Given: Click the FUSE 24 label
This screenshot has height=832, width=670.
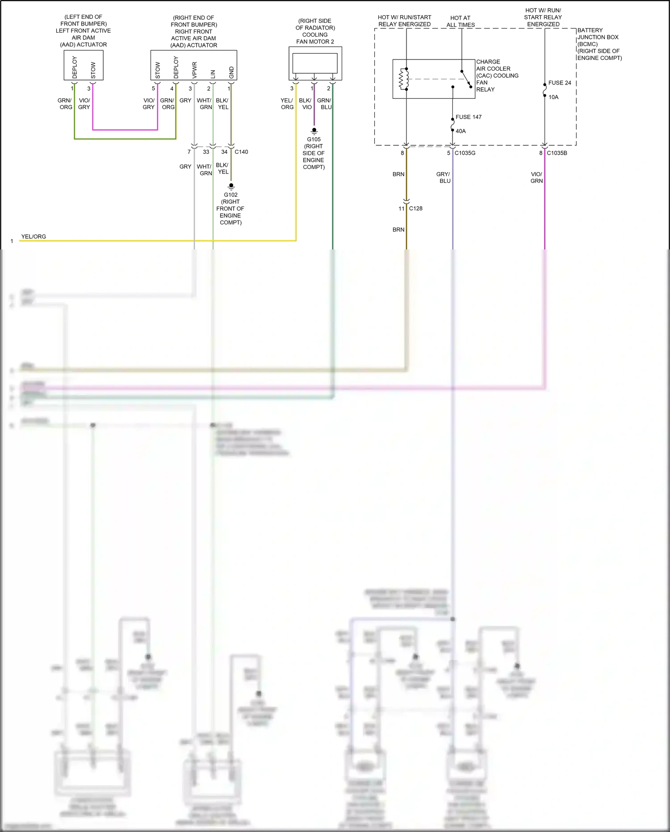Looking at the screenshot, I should pos(559,83).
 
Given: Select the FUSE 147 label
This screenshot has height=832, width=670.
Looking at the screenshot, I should pos(468,117).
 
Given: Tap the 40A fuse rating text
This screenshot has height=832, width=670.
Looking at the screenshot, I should pos(461,131).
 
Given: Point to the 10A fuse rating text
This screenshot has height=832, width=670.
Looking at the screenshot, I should pos(553,97).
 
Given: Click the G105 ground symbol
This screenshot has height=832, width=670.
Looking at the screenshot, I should pos(314,131).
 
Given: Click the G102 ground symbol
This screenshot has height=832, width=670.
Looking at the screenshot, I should pos(231,186).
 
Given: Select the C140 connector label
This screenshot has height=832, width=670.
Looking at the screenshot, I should pos(241,152).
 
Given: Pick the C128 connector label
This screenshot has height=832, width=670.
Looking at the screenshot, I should pos(415,208).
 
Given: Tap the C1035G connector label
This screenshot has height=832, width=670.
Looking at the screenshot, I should pos(465,153).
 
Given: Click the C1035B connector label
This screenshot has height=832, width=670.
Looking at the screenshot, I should pos(557,153).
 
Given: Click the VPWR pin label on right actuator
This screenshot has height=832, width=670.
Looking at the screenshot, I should pos(194,70).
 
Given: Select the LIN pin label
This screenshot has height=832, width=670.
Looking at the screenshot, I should pos(213,74).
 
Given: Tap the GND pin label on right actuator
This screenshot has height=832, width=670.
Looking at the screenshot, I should pos(231,72).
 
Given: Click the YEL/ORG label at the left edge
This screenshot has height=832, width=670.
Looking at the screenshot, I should pos(33,237).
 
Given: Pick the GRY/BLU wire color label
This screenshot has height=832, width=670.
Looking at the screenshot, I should pos(444,177).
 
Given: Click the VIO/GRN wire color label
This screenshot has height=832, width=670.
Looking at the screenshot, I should pos(536,177).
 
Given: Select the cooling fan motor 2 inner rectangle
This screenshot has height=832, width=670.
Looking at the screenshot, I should pos(315,63).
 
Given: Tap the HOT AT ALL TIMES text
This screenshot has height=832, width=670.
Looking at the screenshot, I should pos(461,21).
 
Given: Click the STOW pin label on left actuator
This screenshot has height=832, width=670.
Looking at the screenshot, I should pos(93,70).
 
